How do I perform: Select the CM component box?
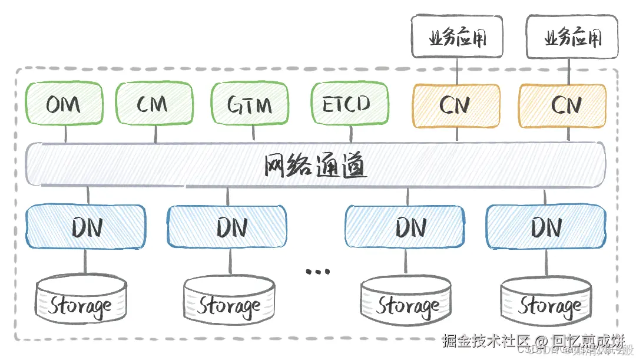pos(154,105)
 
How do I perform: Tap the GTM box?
pos(250,105)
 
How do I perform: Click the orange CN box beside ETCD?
pos(456,105)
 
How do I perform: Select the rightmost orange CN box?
pos(562,105)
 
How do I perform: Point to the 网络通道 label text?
pos(315,167)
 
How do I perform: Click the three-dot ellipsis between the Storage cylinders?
pos(318,272)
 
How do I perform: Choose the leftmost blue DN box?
pos(85,226)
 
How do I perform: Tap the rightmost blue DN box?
pos(546,226)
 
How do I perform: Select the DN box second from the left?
pos(227,226)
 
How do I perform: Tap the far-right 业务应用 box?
pos(572,39)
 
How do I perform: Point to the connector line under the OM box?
pos(65,134)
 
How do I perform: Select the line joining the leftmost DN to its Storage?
pos(85,262)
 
